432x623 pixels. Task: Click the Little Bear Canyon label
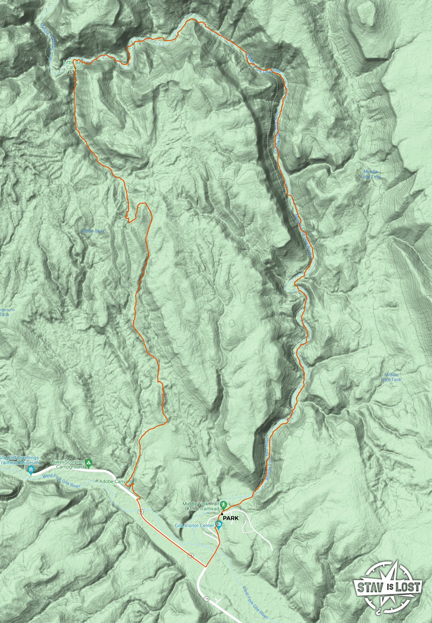tap(74, 65)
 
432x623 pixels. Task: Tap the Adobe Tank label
tap(93, 231)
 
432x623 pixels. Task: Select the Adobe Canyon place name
tap(115, 481)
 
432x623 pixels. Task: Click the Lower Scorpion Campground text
tap(68, 464)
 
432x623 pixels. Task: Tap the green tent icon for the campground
tap(89, 463)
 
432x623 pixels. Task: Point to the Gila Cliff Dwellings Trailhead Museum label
tap(19, 460)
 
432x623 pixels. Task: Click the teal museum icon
tap(31, 470)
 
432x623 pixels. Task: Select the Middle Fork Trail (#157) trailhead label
tap(201, 506)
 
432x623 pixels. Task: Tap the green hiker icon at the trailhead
tap(224, 505)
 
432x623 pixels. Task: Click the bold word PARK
tap(231, 518)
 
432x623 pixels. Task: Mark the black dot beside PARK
tap(222, 514)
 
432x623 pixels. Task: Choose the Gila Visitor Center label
tap(194, 525)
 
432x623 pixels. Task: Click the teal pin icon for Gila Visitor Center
tap(218, 524)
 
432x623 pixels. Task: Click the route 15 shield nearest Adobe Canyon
tap(141, 512)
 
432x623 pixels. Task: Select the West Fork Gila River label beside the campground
tap(61, 480)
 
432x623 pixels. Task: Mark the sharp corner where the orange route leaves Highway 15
tap(206, 567)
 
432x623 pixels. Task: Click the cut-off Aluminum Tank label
tap(7, 312)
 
